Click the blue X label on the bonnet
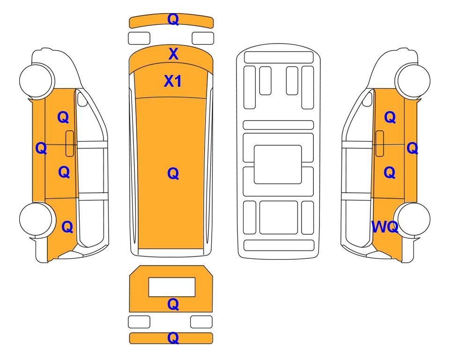coord(173,54)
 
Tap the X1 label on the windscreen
coord(172,81)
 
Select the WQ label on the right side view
coord(384,227)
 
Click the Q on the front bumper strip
coord(173,19)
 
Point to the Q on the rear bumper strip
coord(173,338)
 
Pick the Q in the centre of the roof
coord(173,173)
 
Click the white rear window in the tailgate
coord(172,287)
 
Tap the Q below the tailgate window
coord(173,304)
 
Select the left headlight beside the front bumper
coord(139,38)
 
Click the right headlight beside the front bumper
coord(203,38)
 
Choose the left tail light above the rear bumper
coord(139,322)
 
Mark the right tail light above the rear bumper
coord(201,322)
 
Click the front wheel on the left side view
coord(37,80)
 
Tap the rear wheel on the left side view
coord(37,219)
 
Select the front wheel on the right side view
coord(413,80)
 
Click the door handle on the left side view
coord(70,143)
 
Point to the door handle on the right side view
coord(380,143)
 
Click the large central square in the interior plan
coord(278,165)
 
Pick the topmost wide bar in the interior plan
coord(279,57)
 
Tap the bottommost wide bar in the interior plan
coord(279,245)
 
